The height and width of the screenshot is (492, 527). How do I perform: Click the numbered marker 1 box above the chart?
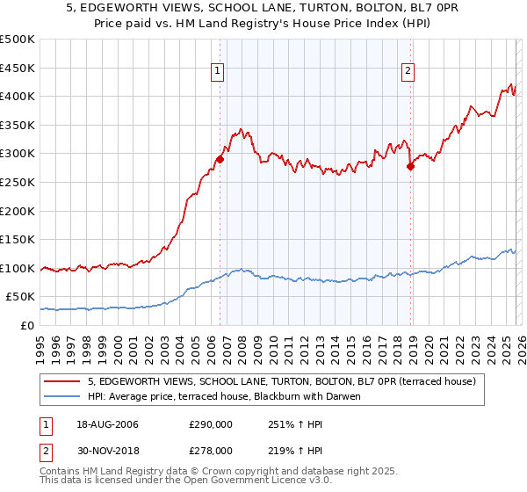218,73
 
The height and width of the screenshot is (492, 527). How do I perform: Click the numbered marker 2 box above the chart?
408,73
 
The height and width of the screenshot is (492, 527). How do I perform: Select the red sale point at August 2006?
220,159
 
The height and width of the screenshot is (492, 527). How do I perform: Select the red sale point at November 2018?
410,166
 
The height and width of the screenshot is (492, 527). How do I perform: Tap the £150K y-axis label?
18,239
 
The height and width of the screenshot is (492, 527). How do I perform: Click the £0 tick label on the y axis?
27,325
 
